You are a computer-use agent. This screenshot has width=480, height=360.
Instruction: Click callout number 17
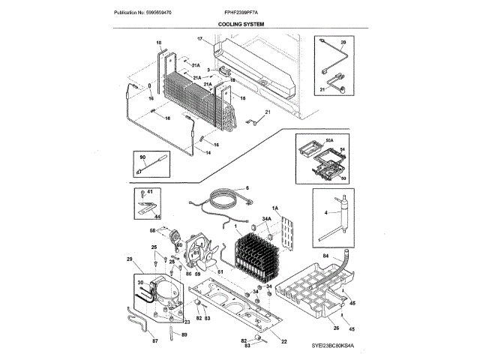coord(200,38)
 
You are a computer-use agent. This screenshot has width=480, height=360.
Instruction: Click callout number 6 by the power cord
coord(247,187)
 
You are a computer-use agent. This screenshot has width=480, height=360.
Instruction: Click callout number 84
coord(326,256)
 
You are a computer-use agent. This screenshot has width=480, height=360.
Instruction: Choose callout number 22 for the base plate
coord(284,342)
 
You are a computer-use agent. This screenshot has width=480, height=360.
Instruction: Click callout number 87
coord(155,341)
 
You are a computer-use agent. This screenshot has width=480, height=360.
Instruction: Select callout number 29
coord(129,259)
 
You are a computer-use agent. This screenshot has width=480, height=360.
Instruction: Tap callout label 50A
coord(328,139)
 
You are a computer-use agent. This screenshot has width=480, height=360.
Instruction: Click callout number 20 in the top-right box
coord(343,43)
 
